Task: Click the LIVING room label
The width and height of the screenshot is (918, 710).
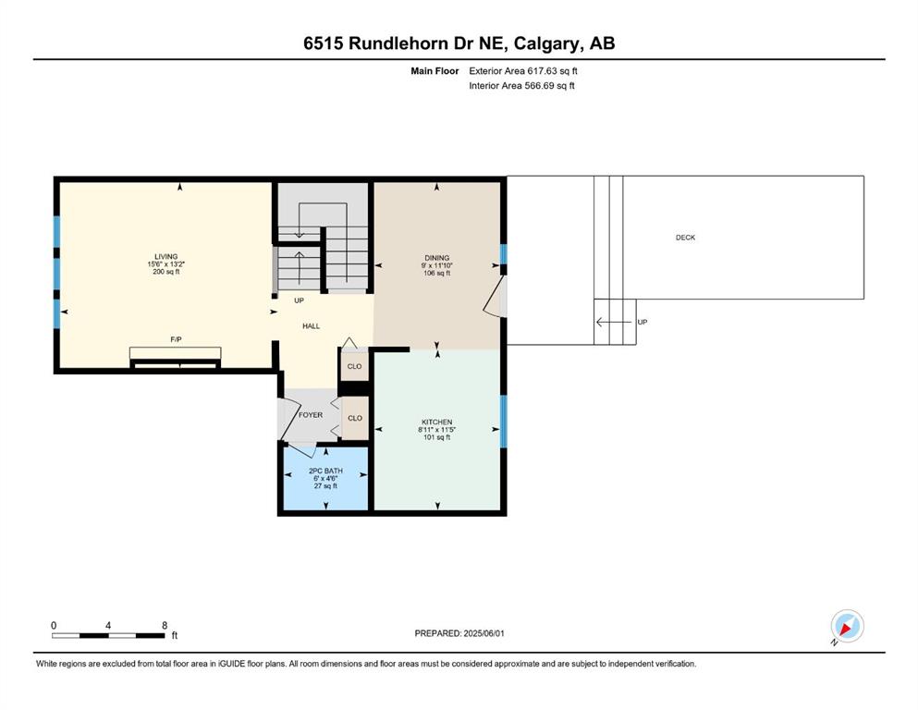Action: [x=165, y=256]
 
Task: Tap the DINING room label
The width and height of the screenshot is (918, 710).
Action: [x=436, y=258]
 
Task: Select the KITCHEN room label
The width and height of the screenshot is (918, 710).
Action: [x=436, y=422]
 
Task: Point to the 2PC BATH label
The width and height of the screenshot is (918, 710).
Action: [x=325, y=471]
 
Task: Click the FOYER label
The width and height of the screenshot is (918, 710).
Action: [x=311, y=415]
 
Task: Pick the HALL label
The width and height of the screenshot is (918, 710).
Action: [x=311, y=326]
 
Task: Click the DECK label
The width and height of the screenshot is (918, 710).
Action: [x=686, y=238]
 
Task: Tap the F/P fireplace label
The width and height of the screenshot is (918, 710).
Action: [x=176, y=339]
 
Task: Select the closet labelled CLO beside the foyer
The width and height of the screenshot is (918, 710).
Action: [x=355, y=418]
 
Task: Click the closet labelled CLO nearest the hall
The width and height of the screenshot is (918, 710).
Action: [x=355, y=366]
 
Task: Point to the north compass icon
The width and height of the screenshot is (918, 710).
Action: [x=847, y=626]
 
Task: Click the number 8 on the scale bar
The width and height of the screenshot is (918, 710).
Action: [x=165, y=625]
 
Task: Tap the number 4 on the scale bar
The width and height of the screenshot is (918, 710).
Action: [x=108, y=625]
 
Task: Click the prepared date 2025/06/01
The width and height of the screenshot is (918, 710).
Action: [x=483, y=633]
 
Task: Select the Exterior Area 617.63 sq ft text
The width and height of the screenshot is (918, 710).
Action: [x=523, y=71]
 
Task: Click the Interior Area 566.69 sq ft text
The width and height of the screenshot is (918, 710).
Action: [x=521, y=85]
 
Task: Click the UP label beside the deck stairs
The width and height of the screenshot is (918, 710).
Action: [x=643, y=322]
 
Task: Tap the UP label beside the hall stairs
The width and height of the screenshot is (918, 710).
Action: [x=300, y=300]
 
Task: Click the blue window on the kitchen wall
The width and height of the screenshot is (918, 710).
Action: [x=504, y=422]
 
